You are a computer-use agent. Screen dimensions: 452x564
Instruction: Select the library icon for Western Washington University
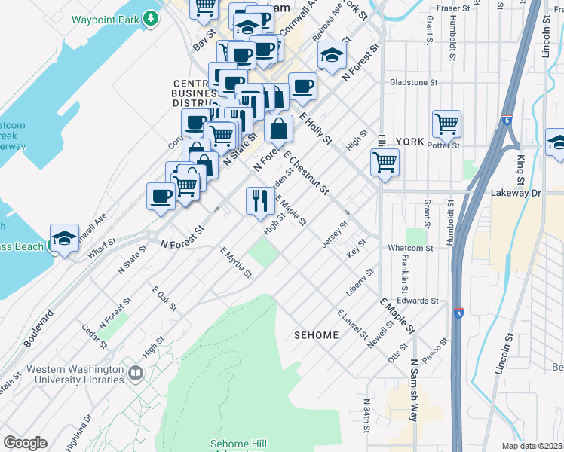tap(136, 373)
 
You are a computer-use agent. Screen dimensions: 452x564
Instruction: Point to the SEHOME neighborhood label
tap(316, 334)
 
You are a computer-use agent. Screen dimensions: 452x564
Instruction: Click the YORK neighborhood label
tap(409, 142)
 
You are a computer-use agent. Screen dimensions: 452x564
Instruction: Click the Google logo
tap(25, 443)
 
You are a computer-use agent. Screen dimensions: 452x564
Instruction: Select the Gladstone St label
tap(413, 82)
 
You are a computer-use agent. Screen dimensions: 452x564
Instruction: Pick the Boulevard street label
tap(39, 328)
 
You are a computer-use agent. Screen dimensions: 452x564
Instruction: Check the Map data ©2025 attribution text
tap(532, 446)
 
